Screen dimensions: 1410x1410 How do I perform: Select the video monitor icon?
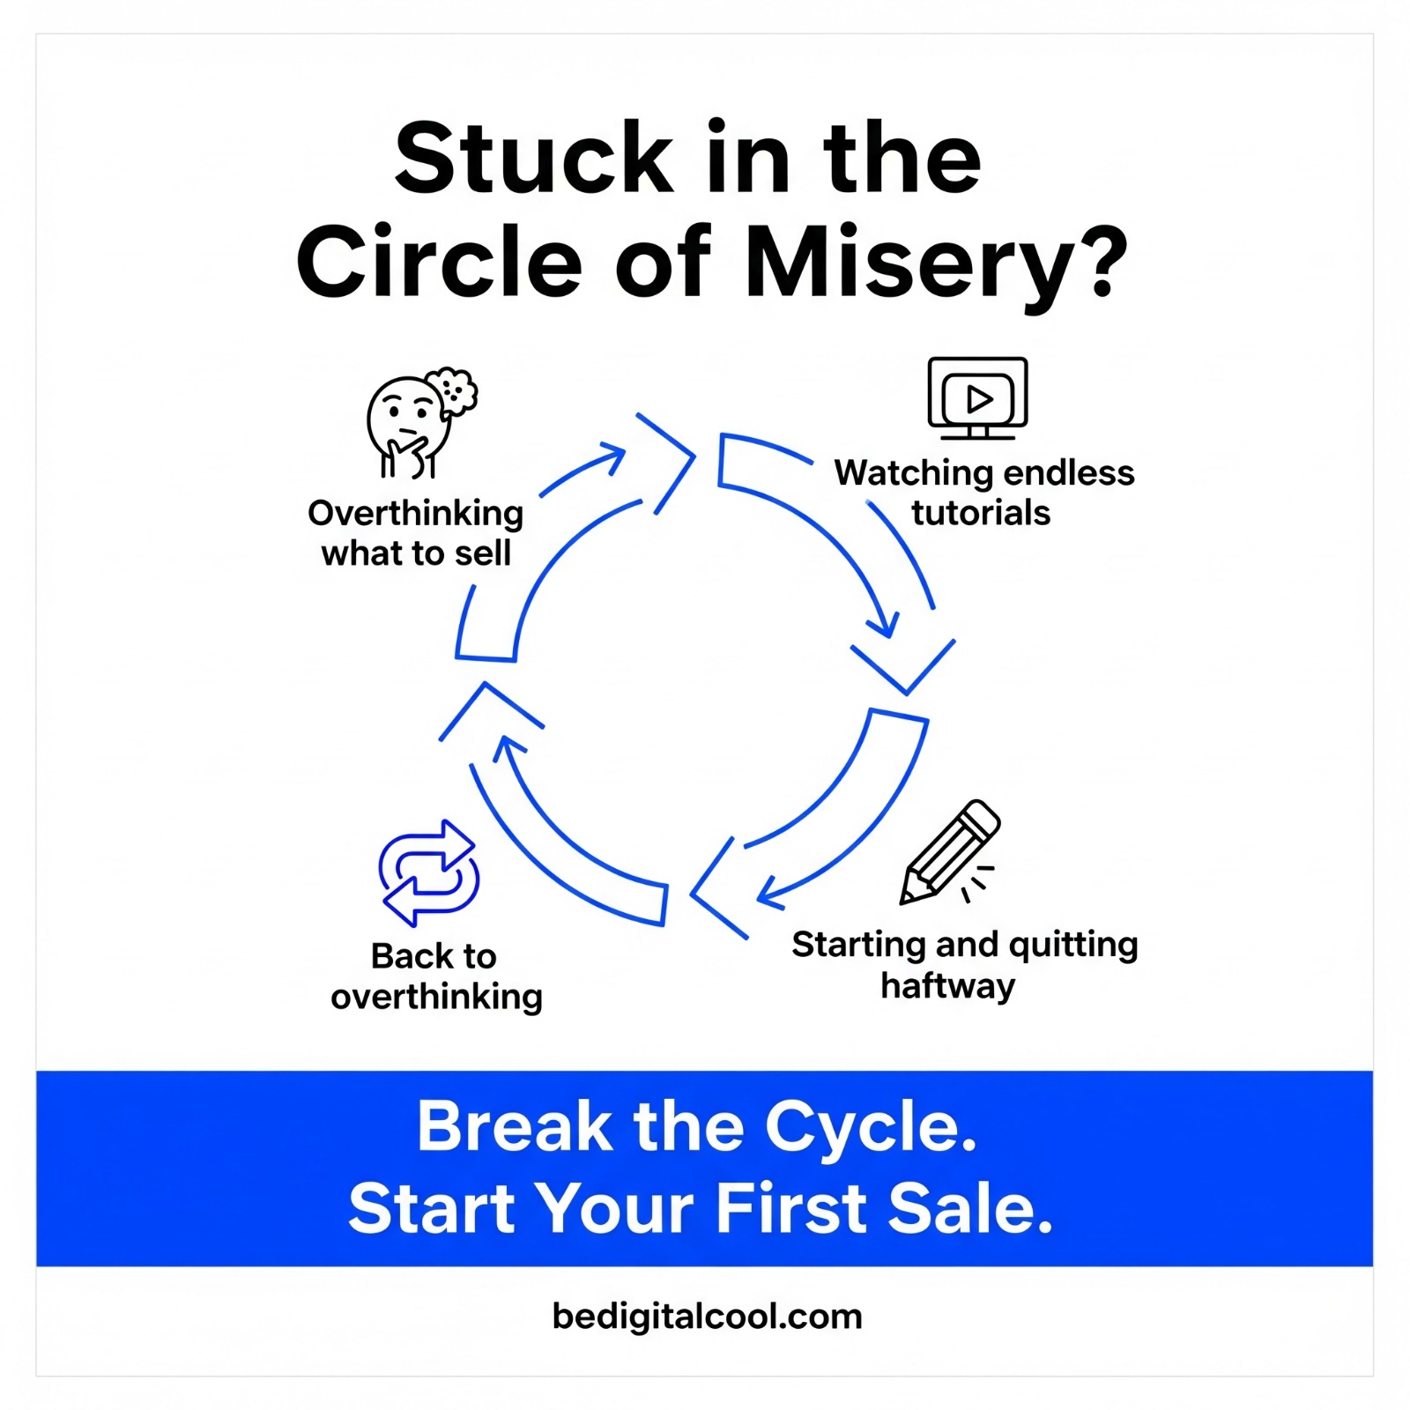coord(977,397)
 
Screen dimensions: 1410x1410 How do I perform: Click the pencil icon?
coord(950,852)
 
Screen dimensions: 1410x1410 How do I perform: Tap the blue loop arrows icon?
coord(429,872)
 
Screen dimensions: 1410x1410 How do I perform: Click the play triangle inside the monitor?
coord(979,399)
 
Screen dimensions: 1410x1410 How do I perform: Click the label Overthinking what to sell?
coord(416,532)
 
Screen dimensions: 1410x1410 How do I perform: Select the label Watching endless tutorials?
coord(983,493)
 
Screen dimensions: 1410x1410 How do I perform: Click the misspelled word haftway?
coord(948,985)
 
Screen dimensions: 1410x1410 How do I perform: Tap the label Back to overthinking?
coord(435,976)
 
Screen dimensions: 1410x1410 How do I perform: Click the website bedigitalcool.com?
coord(707,1316)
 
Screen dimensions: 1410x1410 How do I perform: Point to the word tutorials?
coord(981,513)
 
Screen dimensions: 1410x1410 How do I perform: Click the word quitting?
coord(1072,946)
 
